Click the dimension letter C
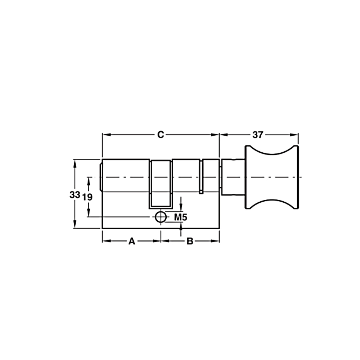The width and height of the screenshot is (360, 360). click(161, 135)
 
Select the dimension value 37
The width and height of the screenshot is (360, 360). click(258, 135)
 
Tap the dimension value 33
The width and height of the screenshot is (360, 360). click(75, 195)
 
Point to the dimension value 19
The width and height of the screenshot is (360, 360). click(87, 197)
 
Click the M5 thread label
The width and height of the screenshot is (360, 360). click(181, 217)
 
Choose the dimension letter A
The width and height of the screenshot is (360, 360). click(132, 241)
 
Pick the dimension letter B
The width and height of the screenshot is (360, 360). click(190, 241)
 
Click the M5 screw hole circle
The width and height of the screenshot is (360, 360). click(161, 217)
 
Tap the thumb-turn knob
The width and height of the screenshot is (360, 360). click(272, 177)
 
